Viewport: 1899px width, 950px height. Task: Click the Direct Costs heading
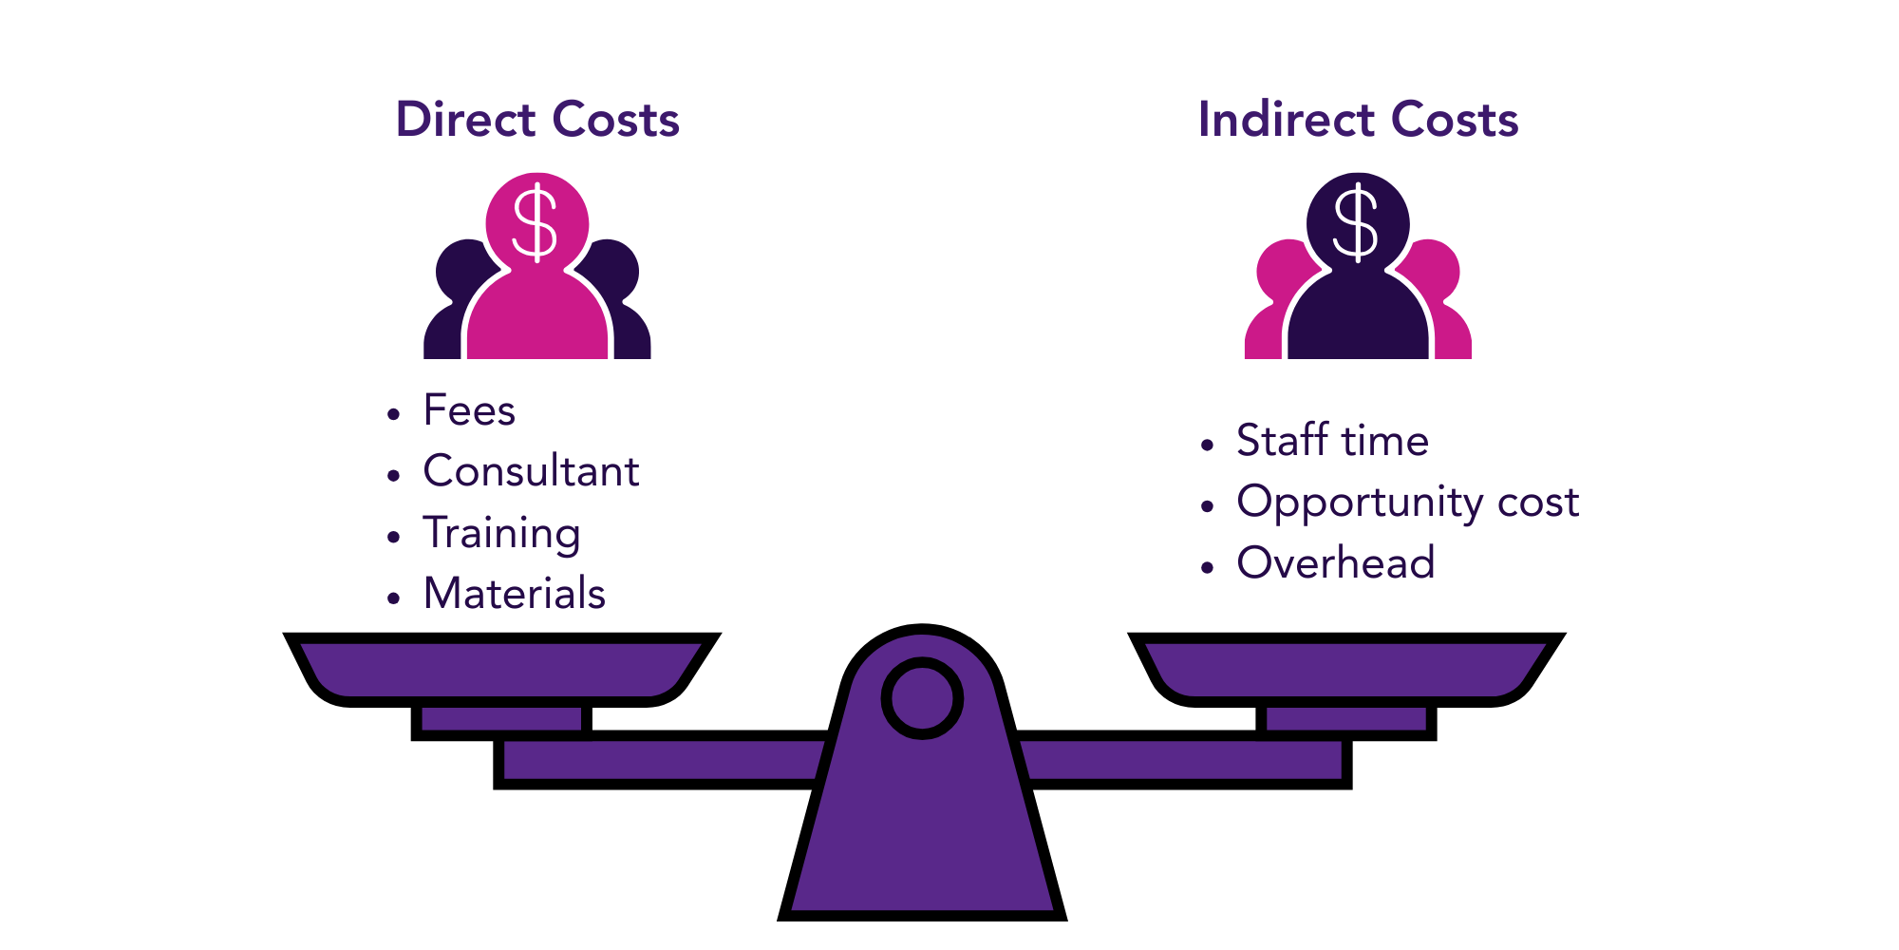[x=537, y=120]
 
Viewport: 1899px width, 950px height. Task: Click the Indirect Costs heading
[x=1358, y=120]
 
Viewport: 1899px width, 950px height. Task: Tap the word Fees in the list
[x=469, y=410]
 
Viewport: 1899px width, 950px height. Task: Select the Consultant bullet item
[x=531, y=471]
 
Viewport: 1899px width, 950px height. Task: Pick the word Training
[x=501, y=533]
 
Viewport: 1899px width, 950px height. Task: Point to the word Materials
[x=514, y=594]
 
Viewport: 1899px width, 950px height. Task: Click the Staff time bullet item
[x=1332, y=441]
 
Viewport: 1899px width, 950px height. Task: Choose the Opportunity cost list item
[x=1407, y=503]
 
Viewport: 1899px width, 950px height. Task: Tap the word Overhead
[x=1335, y=563]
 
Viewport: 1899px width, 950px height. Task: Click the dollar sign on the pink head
[x=536, y=224]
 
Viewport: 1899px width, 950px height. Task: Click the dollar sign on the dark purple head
[x=1356, y=224]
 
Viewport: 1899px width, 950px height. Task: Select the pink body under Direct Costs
[x=537, y=318]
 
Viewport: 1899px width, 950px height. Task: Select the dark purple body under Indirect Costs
[x=1358, y=318]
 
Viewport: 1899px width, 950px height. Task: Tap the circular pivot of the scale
[x=922, y=698]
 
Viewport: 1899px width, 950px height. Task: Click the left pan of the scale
[x=500, y=669]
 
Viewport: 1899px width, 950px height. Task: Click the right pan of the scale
[x=1345, y=669]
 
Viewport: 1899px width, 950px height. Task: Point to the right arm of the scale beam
[x=1183, y=760]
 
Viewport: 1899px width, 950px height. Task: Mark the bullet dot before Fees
[x=394, y=414]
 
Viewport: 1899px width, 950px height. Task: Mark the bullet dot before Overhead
[x=1208, y=568]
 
